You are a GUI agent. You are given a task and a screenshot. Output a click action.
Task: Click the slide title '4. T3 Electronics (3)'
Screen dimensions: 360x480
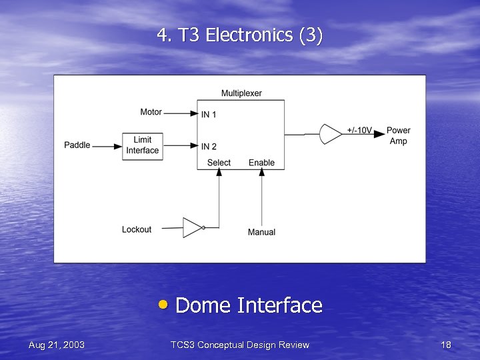click(x=240, y=35)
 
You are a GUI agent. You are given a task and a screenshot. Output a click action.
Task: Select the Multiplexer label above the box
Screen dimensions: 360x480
click(x=241, y=93)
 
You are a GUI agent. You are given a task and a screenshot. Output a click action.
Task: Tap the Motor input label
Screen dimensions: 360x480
click(x=151, y=112)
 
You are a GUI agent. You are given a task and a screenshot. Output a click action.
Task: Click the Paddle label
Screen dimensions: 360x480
click(x=77, y=145)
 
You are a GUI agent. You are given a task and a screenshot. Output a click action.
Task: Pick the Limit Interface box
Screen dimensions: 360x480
click(x=143, y=145)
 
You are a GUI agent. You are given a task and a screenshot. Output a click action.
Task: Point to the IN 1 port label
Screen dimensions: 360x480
click(x=209, y=115)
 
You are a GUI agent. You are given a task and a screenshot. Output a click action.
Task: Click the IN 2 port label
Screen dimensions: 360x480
click(x=209, y=146)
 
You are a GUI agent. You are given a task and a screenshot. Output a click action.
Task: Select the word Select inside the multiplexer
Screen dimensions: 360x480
click(x=219, y=163)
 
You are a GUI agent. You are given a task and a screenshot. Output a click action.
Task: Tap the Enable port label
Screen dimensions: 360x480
click(x=261, y=163)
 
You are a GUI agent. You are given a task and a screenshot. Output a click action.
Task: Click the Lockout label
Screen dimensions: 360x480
click(x=137, y=229)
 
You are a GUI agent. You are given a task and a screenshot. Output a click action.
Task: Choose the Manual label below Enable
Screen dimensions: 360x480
click(x=261, y=232)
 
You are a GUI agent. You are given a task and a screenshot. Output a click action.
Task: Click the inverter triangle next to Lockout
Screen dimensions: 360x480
click(x=192, y=227)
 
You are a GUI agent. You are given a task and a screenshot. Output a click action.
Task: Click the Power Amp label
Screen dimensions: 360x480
click(x=398, y=135)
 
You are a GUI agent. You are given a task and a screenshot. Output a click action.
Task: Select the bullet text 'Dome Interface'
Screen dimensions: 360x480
click(x=249, y=305)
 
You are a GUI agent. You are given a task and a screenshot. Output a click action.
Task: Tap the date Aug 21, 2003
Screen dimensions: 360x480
click(x=57, y=345)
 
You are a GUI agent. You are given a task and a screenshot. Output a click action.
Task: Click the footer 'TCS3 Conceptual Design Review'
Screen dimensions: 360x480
click(x=240, y=345)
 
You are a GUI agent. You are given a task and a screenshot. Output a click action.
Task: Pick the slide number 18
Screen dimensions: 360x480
click(x=446, y=345)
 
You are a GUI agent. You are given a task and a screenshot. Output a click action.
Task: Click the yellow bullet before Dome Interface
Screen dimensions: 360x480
click(x=164, y=305)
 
